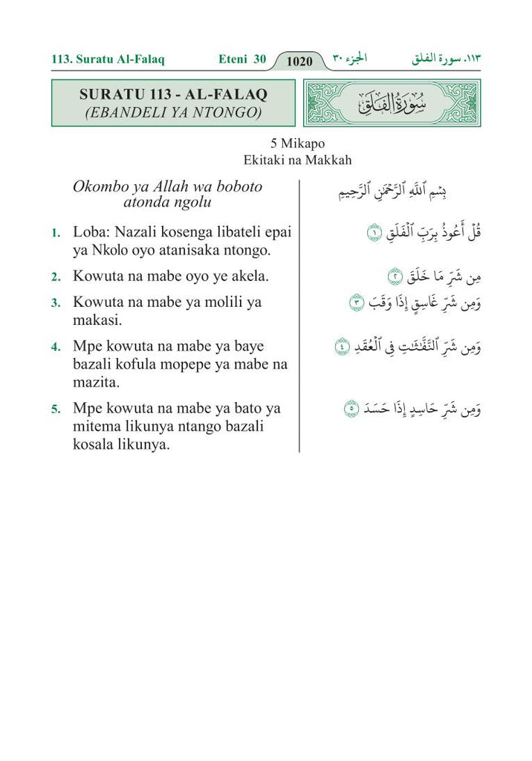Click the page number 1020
click(x=299, y=61)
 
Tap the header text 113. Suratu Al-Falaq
click(x=108, y=59)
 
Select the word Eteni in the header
click(x=233, y=59)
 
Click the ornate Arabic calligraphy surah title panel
click(x=392, y=103)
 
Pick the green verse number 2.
click(x=56, y=277)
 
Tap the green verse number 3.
click(x=56, y=303)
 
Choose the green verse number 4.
click(x=56, y=347)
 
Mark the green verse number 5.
click(x=56, y=409)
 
